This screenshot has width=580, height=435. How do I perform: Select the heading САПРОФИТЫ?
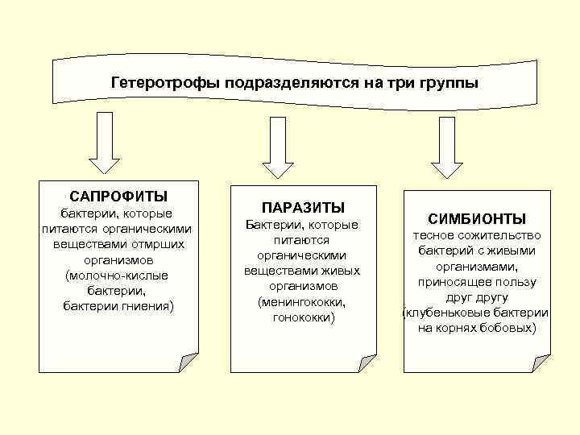pyautogui.click(x=118, y=196)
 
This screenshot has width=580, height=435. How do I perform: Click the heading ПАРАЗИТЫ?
pyautogui.click(x=301, y=208)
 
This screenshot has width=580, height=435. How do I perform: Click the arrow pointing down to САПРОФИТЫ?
pyautogui.click(x=105, y=143)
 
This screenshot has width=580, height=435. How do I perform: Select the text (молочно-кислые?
pyautogui.click(x=118, y=275)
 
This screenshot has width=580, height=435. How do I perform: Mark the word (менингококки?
pyautogui.click(x=301, y=302)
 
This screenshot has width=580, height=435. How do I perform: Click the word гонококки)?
pyautogui.click(x=301, y=317)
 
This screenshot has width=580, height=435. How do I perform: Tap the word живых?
pyautogui.click(x=338, y=271)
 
